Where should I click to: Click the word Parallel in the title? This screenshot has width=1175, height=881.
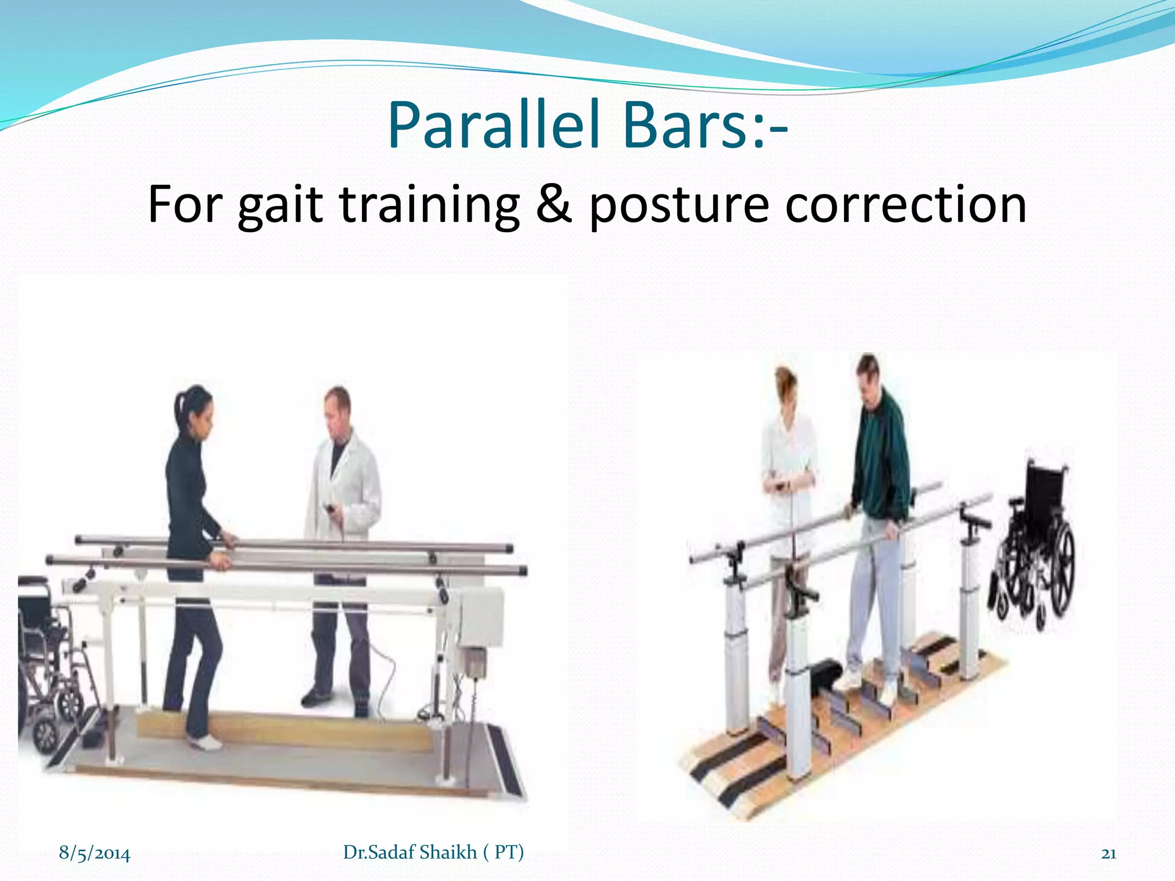click(x=499, y=125)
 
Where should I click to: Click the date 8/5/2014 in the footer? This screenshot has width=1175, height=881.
click(x=95, y=853)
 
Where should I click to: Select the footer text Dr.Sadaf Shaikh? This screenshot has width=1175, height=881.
click(x=410, y=852)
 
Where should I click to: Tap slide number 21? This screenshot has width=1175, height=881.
click(x=1108, y=853)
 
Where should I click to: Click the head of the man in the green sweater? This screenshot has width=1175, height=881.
click(x=867, y=374)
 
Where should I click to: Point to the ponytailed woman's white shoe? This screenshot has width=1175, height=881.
click(x=204, y=743)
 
